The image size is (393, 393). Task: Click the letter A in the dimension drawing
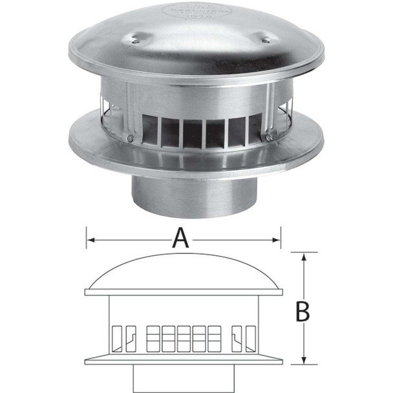pos(182,239)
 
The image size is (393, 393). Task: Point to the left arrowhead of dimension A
pos(90,240)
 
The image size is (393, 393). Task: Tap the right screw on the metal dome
pos(264,41)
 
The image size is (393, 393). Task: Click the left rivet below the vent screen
pos(131,138)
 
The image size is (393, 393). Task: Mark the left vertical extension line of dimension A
pos(86,237)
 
